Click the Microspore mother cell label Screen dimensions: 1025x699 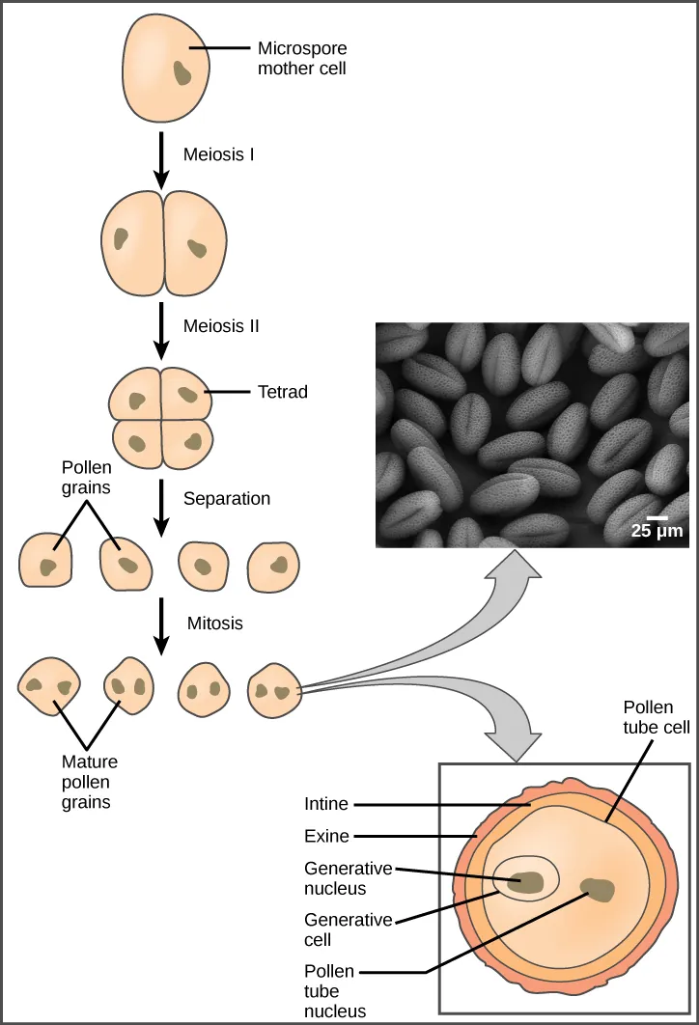pyautogui.click(x=301, y=58)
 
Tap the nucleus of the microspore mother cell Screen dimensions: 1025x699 pyautogui.click(x=182, y=72)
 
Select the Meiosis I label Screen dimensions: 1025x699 pyautogui.click(x=219, y=152)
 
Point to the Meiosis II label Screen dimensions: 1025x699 pyautogui.click(x=222, y=326)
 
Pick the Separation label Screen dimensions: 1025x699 pyautogui.click(x=227, y=499)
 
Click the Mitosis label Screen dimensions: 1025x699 pyautogui.click(x=213, y=623)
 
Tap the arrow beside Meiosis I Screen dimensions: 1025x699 pyautogui.click(x=162, y=155)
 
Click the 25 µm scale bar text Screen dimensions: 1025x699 pyautogui.click(x=657, y=530)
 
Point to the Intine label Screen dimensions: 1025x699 pyautogui.click(x=325, y=803)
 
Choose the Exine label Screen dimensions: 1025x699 pyautogui.click(x=325, y=836)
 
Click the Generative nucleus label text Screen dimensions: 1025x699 pyautogui.click(x=335, y=877)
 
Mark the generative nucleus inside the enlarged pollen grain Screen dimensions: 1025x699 pyautogui.click(x=527, y=880)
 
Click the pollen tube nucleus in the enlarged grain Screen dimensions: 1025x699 pyautogui.click(x=598, y=889)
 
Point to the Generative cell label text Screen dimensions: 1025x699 pyautogui.click(x=335, y=929)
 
